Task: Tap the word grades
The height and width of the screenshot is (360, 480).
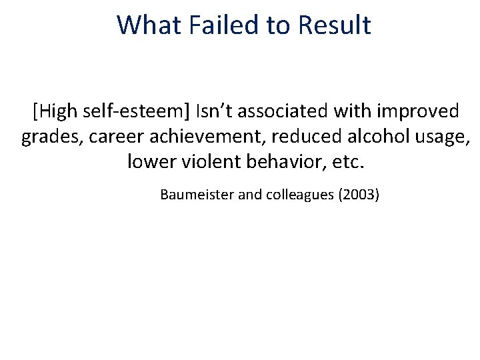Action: pyautogui.click(x=49, y=137)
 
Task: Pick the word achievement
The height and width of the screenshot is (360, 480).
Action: pyautogui.click(x=201, y=137)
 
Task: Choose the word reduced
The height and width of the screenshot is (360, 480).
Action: pyautogui.click(x=304, y=137)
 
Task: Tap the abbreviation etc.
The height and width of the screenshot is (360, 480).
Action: pyautogui.click(x=349, y=162)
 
